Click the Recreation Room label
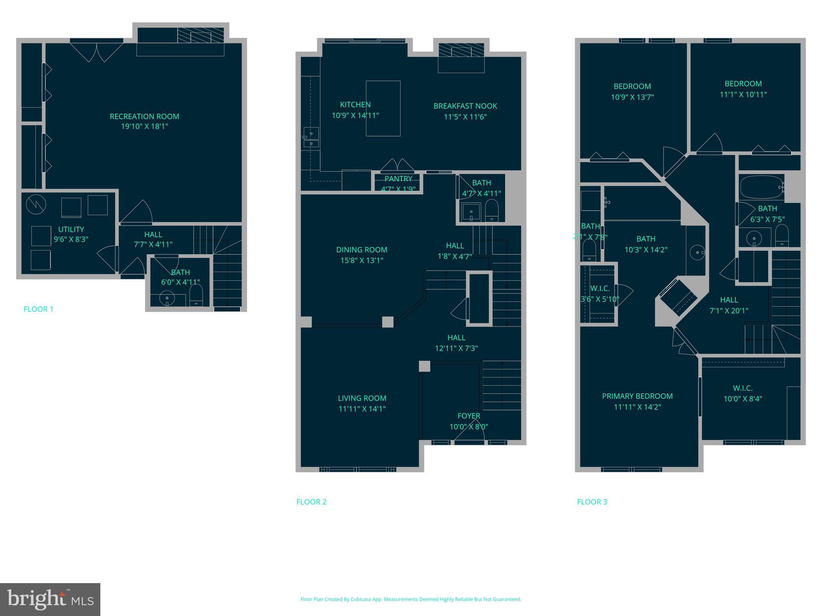click(144, 116)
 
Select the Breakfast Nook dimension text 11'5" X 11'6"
click(465, 117)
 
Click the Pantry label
click(398, 179)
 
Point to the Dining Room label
click(362, 249)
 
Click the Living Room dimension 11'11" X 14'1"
click(362, 409)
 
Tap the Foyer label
click(468, 416)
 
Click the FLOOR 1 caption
click(38, 309)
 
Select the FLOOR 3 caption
click(592, 502)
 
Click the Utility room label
click(71, 229)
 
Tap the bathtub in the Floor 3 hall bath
click(761, 187)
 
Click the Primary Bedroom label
click(637, 396)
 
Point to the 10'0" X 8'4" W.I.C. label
click(743, 399)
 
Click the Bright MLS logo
click(50, 599)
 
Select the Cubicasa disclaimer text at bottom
click(411, 599)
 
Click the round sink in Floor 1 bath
click(167, 298)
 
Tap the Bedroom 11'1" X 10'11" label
click(743, 84)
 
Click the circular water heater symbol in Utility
click(36, 205)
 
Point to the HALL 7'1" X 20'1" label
click(729, 300)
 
